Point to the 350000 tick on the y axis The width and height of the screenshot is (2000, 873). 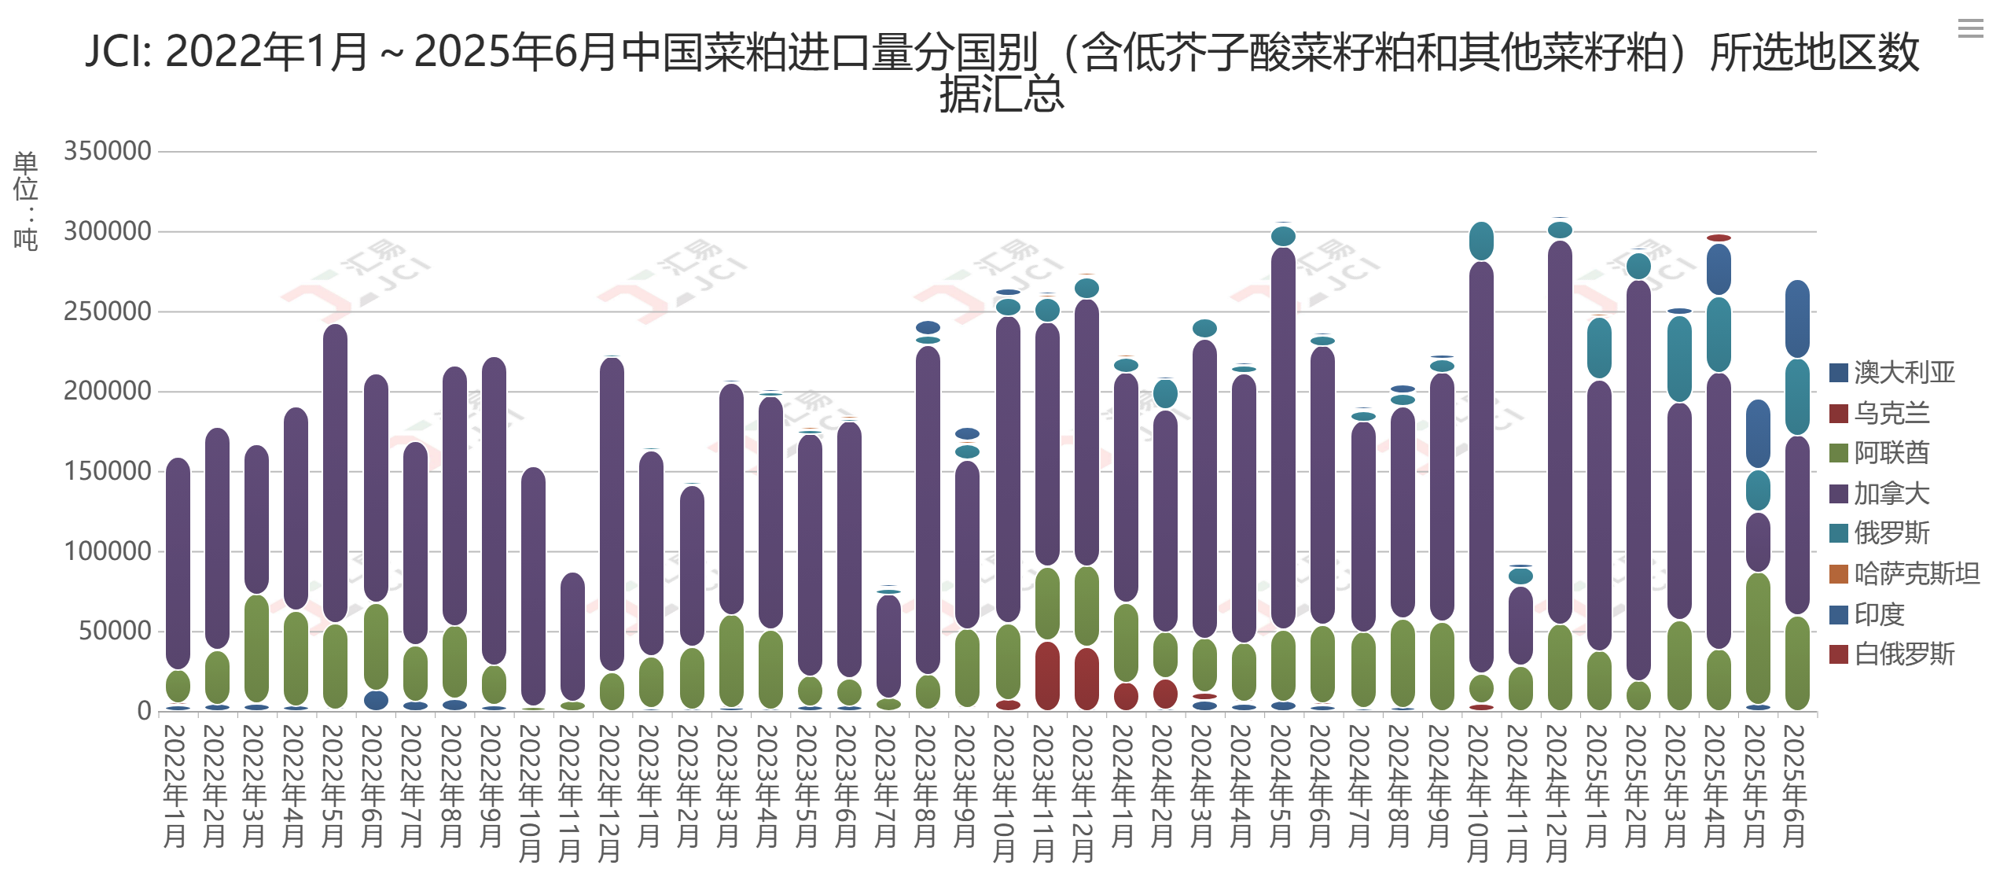click(108, 151)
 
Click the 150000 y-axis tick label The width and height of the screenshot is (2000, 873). click(108, 471)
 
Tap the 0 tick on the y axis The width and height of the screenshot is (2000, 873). click(144, 711)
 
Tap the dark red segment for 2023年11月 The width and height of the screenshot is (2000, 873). click(1047, 676)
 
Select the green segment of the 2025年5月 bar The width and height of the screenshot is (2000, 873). click(1758, 638)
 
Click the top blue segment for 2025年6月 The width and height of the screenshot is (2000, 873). click(1797, 319)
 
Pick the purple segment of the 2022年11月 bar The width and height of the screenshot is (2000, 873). click(572, 636)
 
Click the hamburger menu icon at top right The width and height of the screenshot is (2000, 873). click(1970, 29)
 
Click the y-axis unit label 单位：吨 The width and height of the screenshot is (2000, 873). click(25, 201)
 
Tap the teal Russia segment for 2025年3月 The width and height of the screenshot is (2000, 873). click(1679, 359)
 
